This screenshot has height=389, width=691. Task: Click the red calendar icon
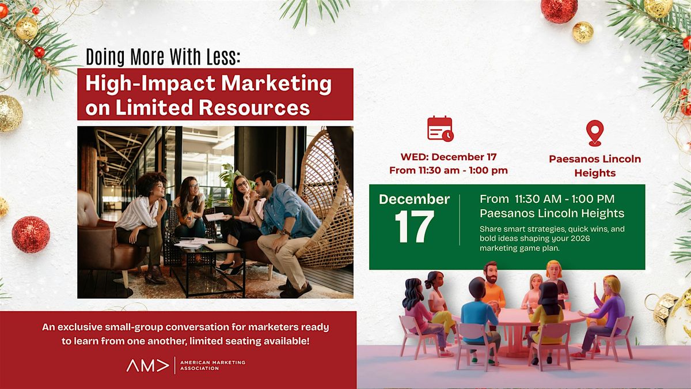[440, 129]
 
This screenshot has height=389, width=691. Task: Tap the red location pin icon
[594, 133]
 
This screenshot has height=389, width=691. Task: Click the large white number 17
[414, 226]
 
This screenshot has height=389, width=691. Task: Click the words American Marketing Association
[212, 365]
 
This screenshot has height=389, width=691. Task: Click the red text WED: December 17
[449, 157]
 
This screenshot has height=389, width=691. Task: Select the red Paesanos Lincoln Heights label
[594, 166]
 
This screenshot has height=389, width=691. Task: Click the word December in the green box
[414, 199]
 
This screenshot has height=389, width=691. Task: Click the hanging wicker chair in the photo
[322, 196]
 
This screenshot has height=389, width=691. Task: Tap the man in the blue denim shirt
[286, 225]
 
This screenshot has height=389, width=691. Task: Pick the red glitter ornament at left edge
[31, 234]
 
